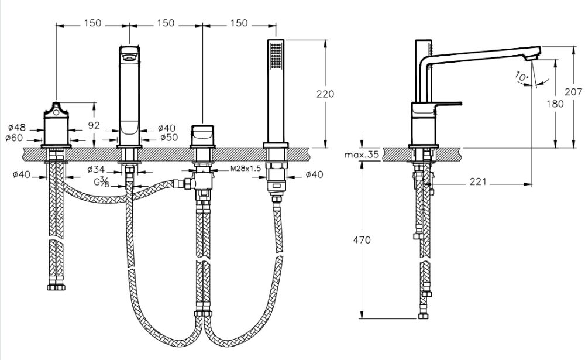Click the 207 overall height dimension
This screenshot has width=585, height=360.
[574, 92]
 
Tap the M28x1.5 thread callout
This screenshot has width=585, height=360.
[246, 169]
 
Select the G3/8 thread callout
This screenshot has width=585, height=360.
[104, 182]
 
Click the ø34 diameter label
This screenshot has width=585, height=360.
[96, 170]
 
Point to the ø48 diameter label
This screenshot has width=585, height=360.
[18, 127]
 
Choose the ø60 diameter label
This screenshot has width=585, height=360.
[18, 138]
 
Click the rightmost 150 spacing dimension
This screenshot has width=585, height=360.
[238, 23]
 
